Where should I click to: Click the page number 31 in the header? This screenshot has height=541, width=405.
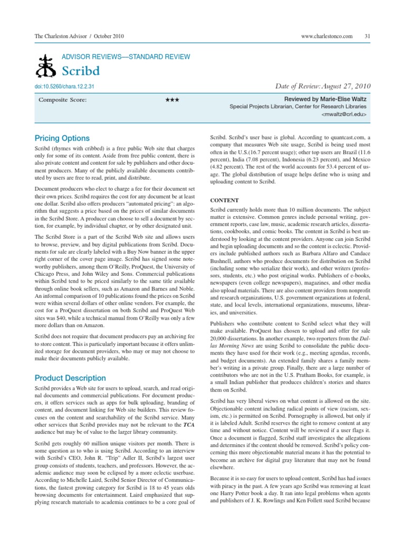(x=367, y=35)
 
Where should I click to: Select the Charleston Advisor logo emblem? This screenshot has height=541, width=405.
(x=44, y=66)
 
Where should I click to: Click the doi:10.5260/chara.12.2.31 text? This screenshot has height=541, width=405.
(x=64, y=86)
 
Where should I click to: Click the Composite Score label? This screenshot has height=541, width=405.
(x=63, y=99)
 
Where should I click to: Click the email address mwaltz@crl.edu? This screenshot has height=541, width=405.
(x=344, y=114)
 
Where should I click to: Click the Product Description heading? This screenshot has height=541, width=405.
(x=70, y=378)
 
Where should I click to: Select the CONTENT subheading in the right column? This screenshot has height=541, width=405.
(x=225, y=200)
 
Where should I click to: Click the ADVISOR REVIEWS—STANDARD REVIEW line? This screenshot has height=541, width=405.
(x=127, y=57)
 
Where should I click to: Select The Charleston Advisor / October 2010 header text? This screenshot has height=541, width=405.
(x=79, y=35)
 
